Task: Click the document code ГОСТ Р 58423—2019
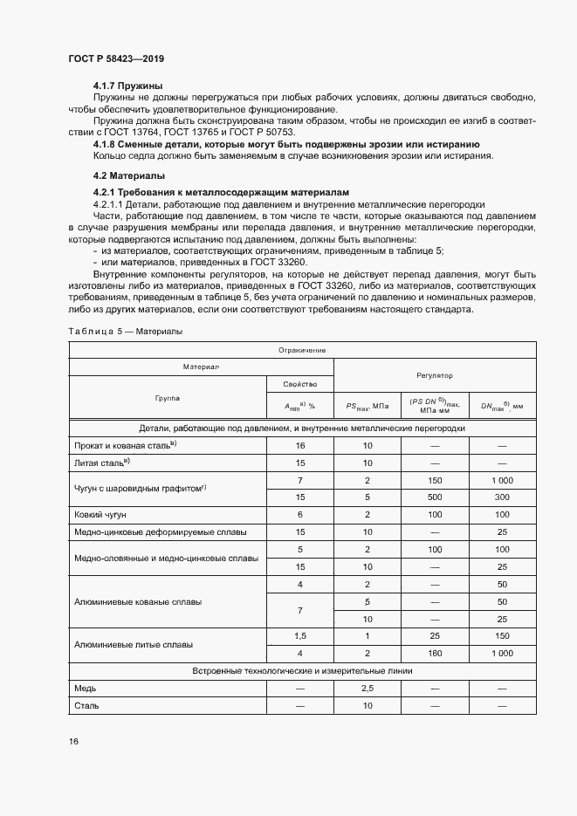coord(116,58)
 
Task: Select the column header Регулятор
coord(435,374)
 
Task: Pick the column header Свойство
coord(299,384)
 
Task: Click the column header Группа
coord(168,398)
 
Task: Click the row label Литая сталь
coord(103,463)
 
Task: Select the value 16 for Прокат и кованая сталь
coord(299,445)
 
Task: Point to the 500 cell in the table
coord(435,497)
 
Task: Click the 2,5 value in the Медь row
coord(367,689)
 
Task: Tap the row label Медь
coord(86,689)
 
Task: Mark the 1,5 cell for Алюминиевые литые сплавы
coord(299,636)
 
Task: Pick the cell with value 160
coord(435,653)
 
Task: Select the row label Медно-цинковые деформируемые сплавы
coord(161,531)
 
